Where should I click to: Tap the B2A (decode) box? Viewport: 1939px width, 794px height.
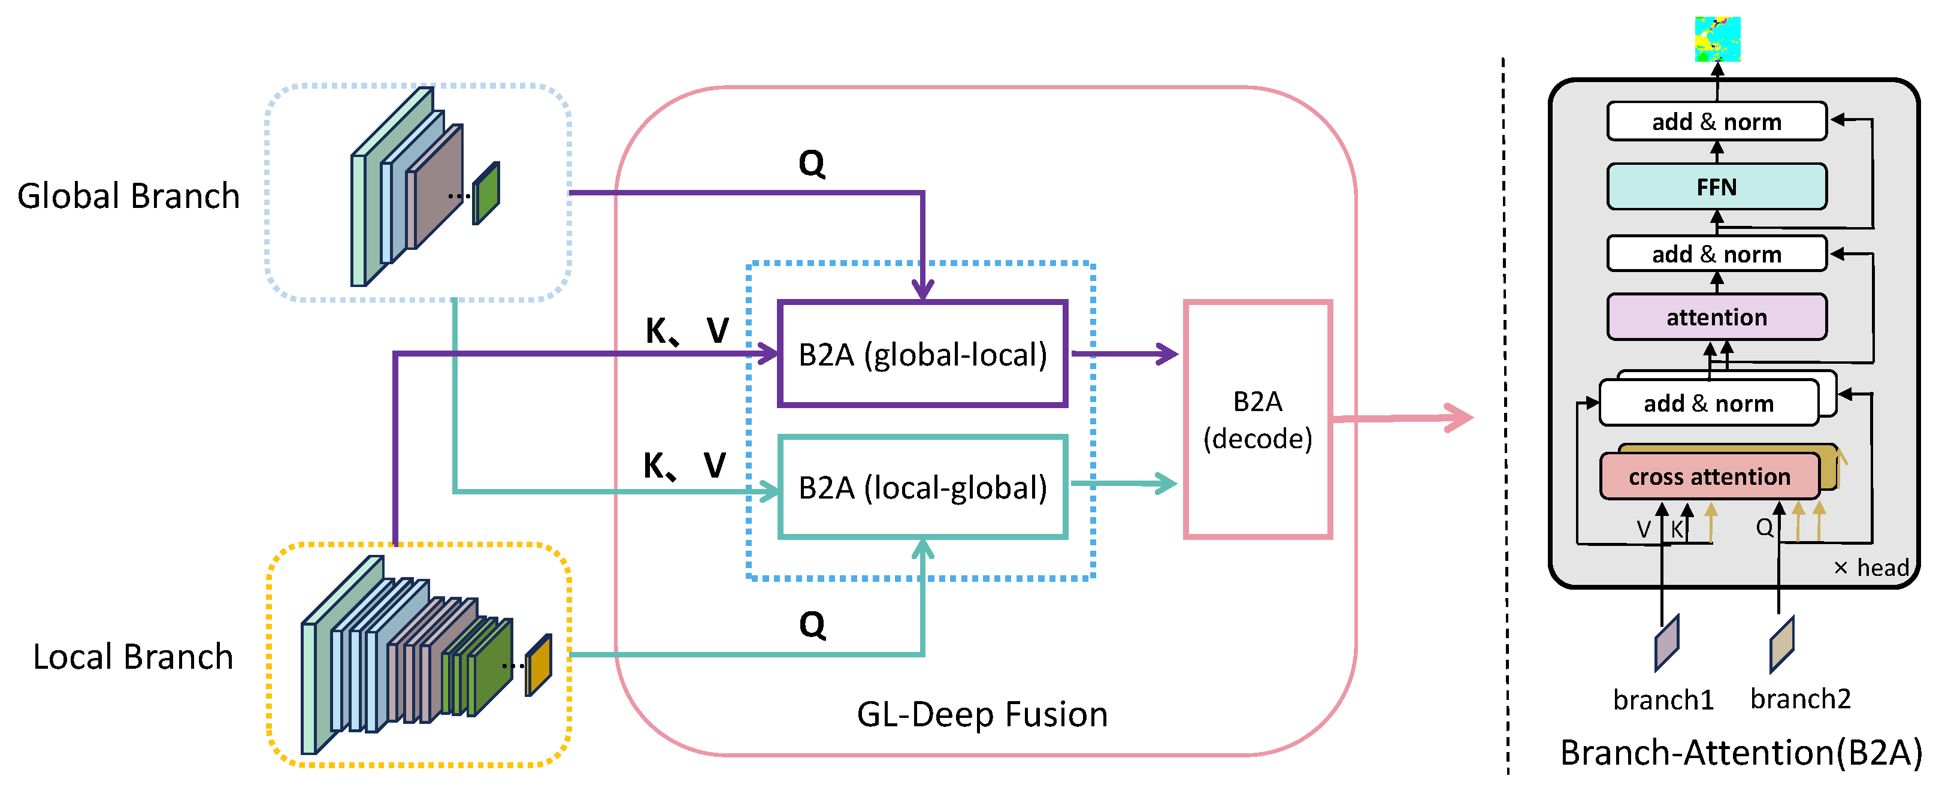1257,419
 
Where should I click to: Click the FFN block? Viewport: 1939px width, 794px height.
1716,186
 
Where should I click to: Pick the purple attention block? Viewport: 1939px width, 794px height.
1716,317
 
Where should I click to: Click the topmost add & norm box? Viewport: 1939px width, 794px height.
1716,121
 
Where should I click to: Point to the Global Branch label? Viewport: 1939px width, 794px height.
128,196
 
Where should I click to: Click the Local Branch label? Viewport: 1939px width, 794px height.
132,657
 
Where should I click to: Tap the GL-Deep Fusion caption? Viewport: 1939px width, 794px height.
982,714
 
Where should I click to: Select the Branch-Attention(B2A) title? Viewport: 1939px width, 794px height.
1740,753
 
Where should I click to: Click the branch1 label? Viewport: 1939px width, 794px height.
1663,700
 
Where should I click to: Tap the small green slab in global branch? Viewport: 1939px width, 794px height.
486,194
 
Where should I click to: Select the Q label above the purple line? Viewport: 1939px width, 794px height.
812,163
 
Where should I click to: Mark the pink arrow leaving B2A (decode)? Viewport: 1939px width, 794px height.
1400,418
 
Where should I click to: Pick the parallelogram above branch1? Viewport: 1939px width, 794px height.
1666,642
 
